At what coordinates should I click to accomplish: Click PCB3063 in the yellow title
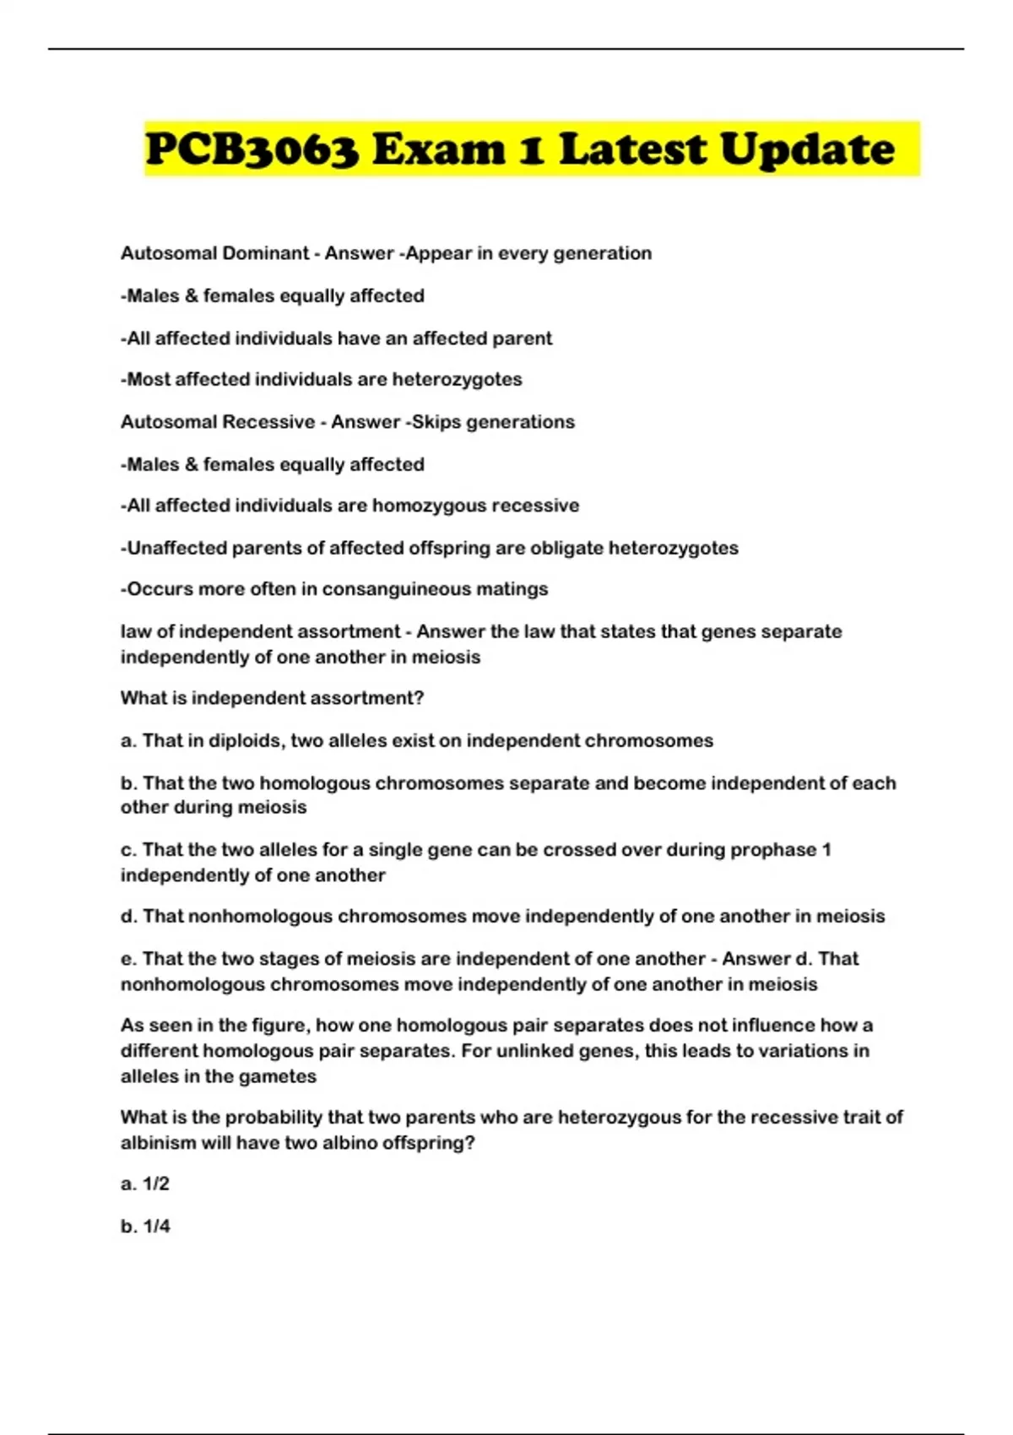coord(252,150)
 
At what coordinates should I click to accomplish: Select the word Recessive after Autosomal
coord(268,422)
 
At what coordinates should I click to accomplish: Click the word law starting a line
coord(133,631)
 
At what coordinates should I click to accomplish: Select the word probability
coord(272,1118)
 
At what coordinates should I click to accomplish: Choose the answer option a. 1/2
coord(145,1184)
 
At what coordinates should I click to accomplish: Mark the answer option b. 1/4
coord(145,1227)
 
